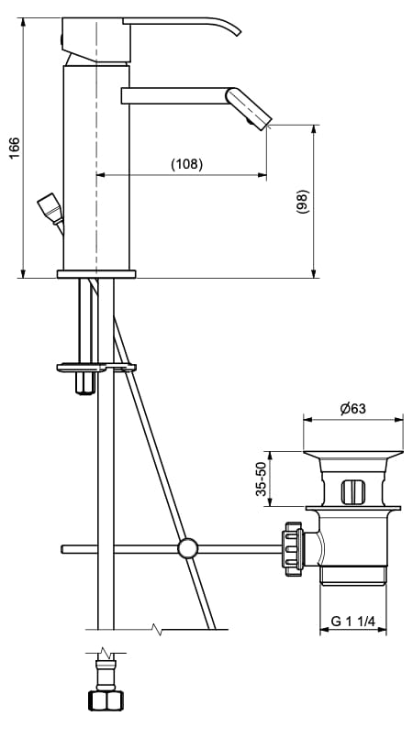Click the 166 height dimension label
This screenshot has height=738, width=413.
tap(15, 148)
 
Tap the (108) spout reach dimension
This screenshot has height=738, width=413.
tap(186, 164)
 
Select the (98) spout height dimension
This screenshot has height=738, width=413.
tap(302, 202)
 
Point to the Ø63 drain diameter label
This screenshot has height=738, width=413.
tap(352, 409)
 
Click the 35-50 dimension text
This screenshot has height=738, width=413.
tap(261, 479)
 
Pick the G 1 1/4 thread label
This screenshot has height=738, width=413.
tap(352, 622)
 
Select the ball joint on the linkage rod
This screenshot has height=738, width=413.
tap(188, 548)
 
